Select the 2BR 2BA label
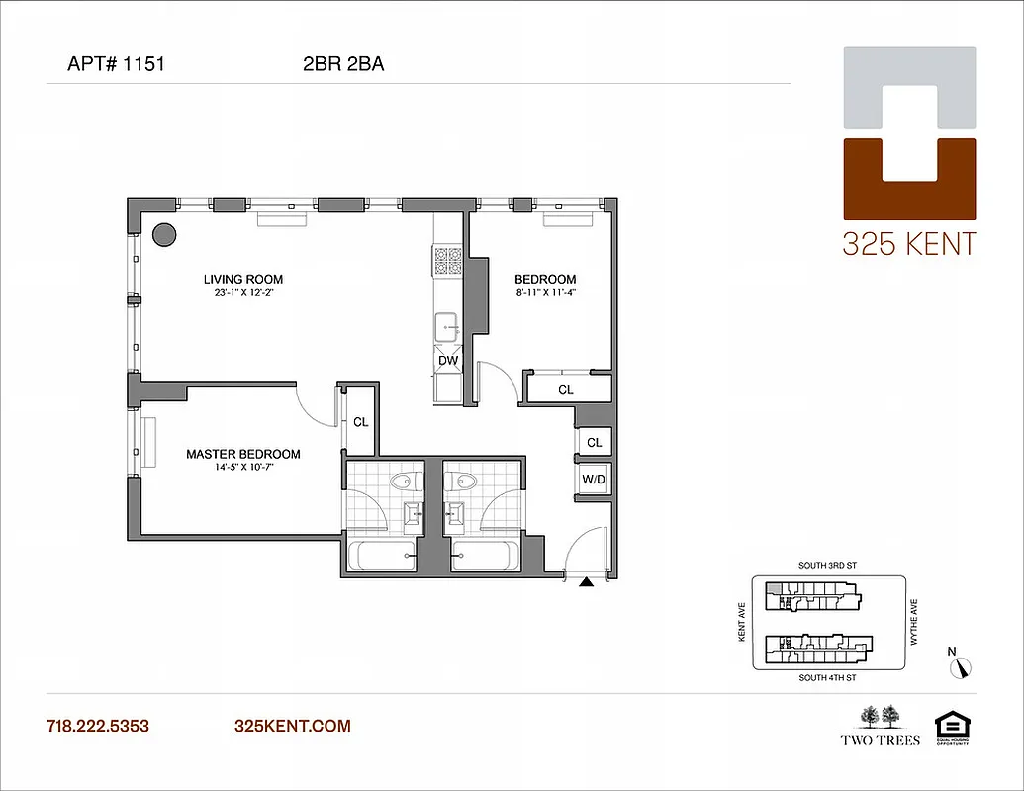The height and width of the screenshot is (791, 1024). click(343, 65)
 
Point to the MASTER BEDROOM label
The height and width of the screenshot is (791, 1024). click(243, 454)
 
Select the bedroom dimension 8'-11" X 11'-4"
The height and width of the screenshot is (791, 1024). click(545, 293)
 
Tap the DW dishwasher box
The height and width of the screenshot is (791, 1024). click(448, 361)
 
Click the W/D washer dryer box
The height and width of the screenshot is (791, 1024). click(594, 480)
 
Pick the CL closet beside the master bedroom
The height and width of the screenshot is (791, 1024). click(361, 422)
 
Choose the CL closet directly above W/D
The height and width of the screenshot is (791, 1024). click(594, 442)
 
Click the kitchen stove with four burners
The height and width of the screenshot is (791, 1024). click(448, 261)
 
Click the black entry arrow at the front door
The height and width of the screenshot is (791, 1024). click(586, 584)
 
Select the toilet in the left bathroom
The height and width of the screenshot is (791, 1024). click(402, 482)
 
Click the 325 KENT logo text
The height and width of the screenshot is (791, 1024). click(908, 244)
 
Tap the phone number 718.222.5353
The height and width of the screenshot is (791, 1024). click(98, 726)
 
